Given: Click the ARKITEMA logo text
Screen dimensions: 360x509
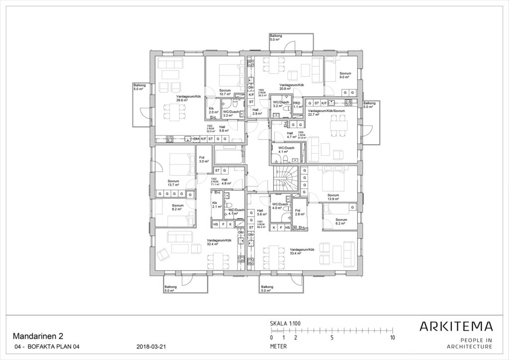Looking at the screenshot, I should coord(456,327).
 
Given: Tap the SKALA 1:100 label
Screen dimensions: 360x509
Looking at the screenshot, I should coord(285,323).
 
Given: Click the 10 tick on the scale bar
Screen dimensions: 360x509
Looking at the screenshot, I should coord(393,338).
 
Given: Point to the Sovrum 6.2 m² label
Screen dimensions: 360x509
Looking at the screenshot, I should coord(341,221).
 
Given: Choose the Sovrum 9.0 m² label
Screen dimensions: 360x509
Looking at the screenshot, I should coord(345,76).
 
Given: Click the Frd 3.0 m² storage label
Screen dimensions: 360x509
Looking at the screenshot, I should coord(204,159).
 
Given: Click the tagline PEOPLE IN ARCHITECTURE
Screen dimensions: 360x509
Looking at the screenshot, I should coord(469,343).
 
